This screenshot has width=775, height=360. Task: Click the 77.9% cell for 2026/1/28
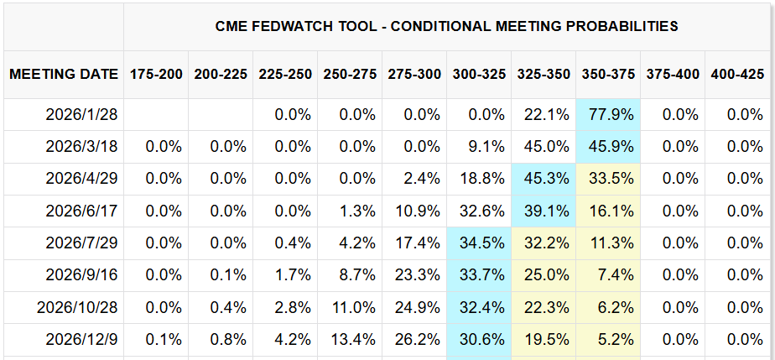[x=610, y=114]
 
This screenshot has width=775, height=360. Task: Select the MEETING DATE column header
[x=64, y=74]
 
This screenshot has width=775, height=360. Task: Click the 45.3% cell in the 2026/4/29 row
[x=544, y=179]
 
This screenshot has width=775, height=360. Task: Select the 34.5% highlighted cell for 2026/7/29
[x=480, y=243]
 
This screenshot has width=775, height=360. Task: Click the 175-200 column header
[x=156, y=74]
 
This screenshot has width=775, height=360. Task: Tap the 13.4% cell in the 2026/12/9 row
[x=351, y=340]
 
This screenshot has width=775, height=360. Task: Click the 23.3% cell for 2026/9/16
[x=415, y=275]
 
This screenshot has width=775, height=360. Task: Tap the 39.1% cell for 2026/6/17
[x=544, y=211]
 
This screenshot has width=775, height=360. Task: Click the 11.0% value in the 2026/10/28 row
[x=351, y=307]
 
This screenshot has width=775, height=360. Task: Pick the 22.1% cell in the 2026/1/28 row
[x=544, y=114]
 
